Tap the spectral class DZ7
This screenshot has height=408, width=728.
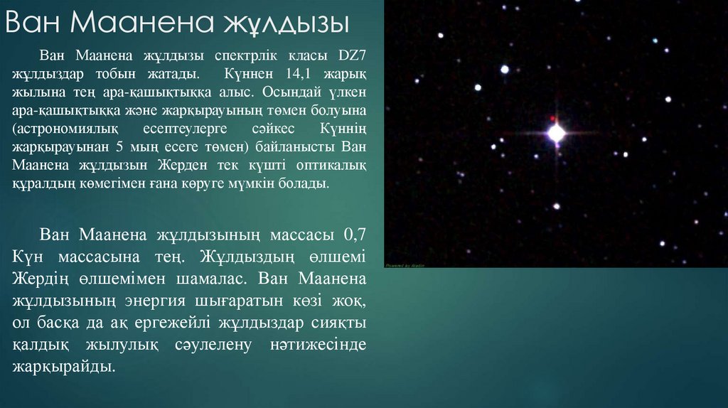(347, 56)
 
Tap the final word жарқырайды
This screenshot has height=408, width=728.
(63, 367)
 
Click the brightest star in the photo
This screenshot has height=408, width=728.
(556, 133)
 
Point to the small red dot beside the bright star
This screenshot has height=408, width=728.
(551, 117)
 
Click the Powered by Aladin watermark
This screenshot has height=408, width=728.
(406, 264)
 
